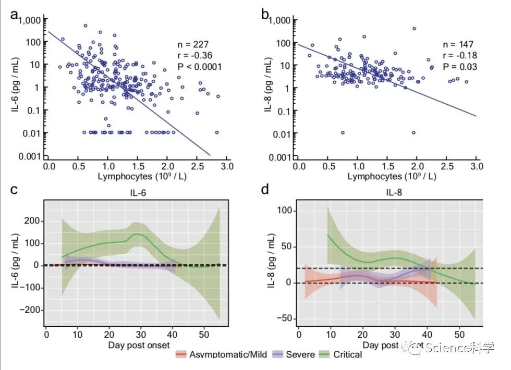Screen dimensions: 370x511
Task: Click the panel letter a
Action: tap(16, 14)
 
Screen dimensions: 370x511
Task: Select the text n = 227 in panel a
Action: tap(192, 44)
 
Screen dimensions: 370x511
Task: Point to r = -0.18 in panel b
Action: tap(460, 55)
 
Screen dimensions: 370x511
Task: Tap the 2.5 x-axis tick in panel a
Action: tap(196, 166)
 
